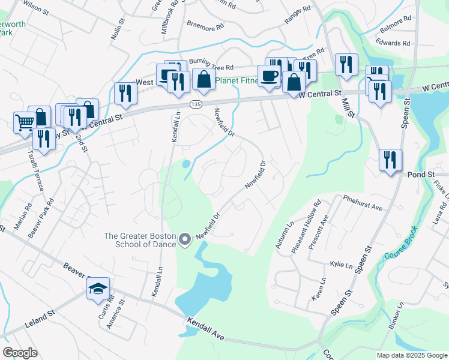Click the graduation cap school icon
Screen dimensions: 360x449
[x=98, y=289]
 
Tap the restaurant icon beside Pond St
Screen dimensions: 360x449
[x=390, y=160]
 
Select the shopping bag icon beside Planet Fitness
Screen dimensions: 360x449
[x=203, y=80]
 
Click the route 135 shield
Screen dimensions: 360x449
[x=196, y=104]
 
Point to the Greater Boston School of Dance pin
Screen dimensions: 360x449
[x=185, y=240]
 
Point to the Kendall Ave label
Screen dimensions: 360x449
[x=205, y=331]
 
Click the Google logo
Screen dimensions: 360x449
[x=20, y=353]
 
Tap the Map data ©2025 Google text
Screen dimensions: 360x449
[x=412, y=355]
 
